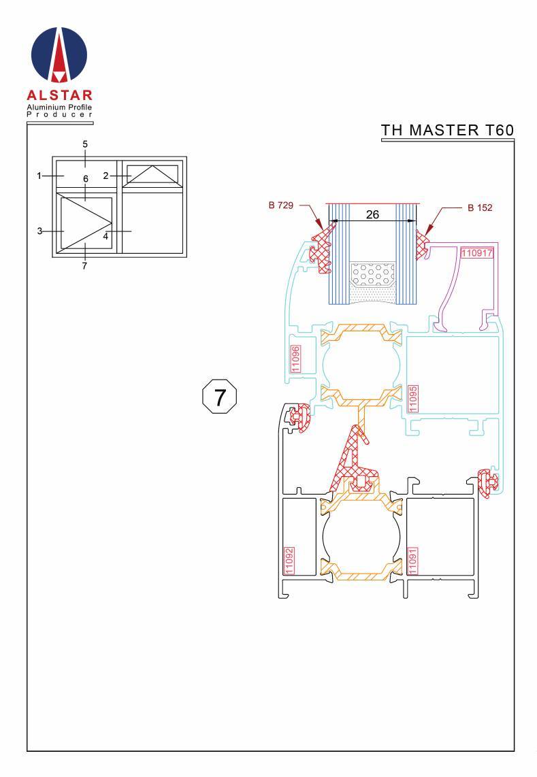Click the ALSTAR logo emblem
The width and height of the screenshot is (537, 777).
pos(59,54)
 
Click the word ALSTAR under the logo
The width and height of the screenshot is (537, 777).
pos(59,95)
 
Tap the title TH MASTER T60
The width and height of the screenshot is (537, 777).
pos(447,130)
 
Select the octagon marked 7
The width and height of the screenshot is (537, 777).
pos(220,397)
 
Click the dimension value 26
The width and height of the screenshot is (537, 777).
pos(372,214)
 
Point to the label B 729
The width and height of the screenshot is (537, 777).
pos(281,205)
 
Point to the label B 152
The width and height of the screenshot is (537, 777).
pos(480,208)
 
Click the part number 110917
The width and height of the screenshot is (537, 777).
pos(477,253)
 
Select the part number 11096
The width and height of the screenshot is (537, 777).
pos(295,359)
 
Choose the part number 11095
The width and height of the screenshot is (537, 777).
pos(412,399)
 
